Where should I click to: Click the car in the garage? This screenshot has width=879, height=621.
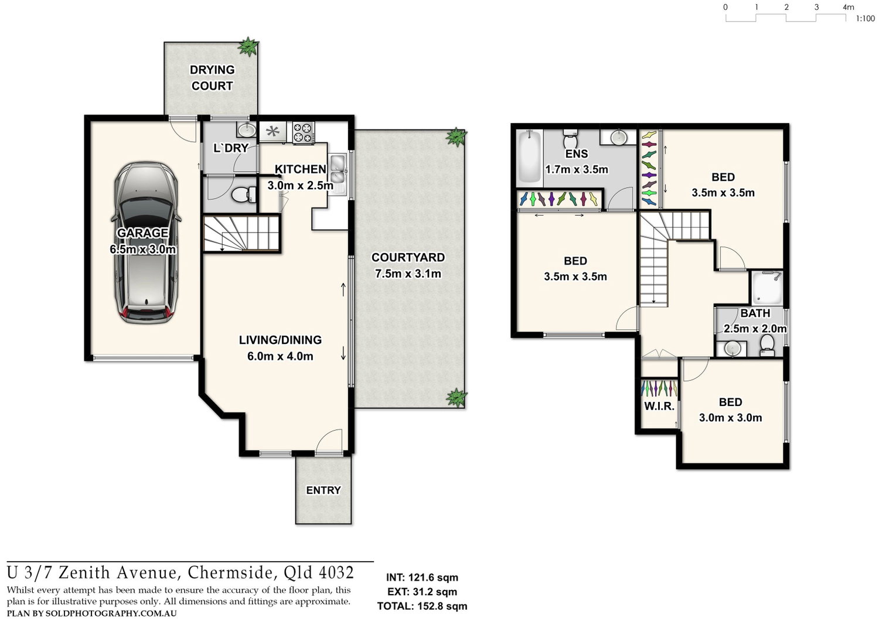point(145,243)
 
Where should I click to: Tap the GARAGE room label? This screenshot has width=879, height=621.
point(142,233)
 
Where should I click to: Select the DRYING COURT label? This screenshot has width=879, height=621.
point(212,78)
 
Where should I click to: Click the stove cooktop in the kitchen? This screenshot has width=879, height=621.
point(304,132)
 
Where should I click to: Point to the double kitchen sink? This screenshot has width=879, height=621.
point(337,169)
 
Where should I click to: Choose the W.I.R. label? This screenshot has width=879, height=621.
point(659,407)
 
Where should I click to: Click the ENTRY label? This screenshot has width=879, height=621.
point(323,490)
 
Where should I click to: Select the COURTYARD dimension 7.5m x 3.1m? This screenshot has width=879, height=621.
point(408,274)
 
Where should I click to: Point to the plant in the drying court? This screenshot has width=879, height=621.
point(248,47)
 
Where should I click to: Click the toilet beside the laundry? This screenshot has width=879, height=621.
point(244,195)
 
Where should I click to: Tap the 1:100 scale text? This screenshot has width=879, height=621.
point(865,18)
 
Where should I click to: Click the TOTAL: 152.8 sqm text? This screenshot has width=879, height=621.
point(423,606)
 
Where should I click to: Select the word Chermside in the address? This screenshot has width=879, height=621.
point(230,573)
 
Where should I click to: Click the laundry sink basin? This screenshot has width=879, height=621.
point(247,128)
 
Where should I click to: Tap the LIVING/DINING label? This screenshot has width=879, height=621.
point(280,340)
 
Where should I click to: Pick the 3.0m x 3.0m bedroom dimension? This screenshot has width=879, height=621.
point(730,417)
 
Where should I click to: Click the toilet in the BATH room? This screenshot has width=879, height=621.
point(767,344)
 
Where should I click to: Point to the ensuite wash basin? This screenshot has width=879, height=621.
point(618,137)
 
